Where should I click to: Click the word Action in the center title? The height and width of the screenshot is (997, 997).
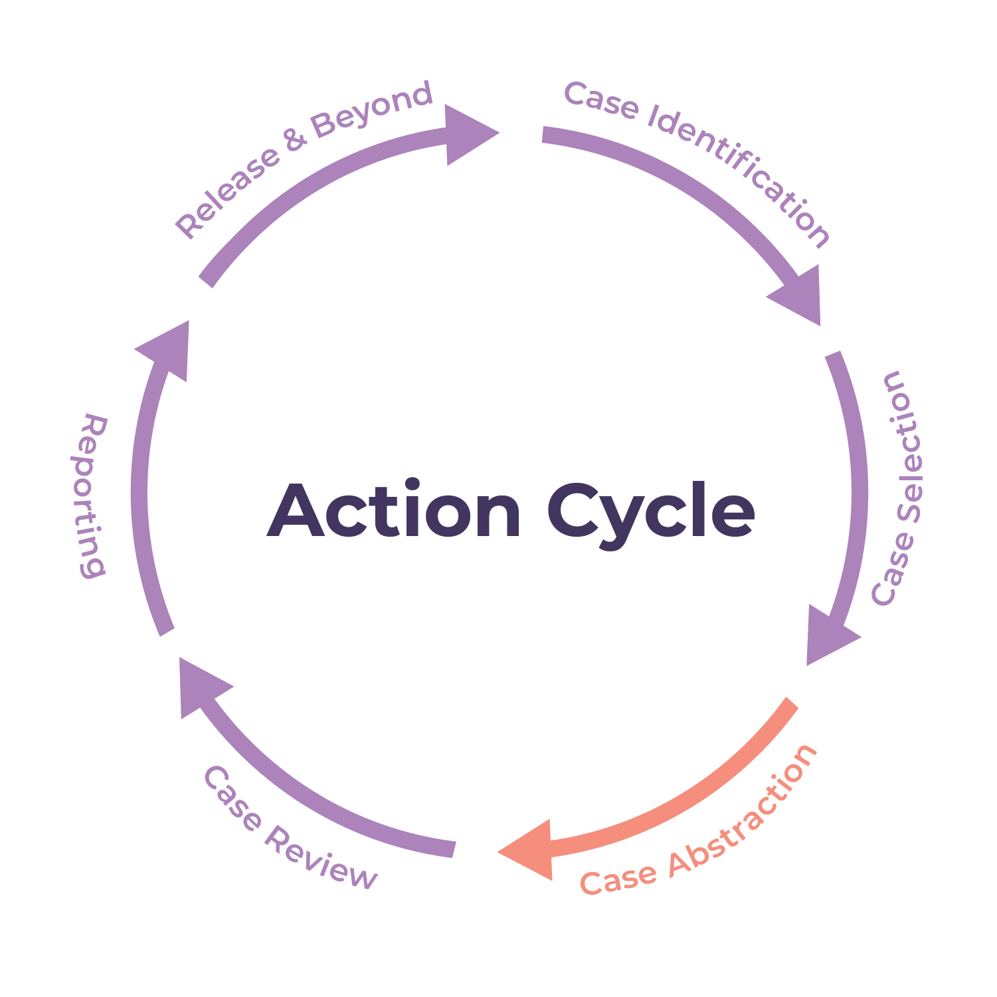point(394,511)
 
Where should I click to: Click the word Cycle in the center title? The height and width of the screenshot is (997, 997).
point(651,515)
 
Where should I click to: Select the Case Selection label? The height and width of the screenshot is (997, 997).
point(897,488)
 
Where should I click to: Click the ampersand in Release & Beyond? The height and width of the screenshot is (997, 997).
point(294,139)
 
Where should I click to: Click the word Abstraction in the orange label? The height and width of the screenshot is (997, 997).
point(744,807)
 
